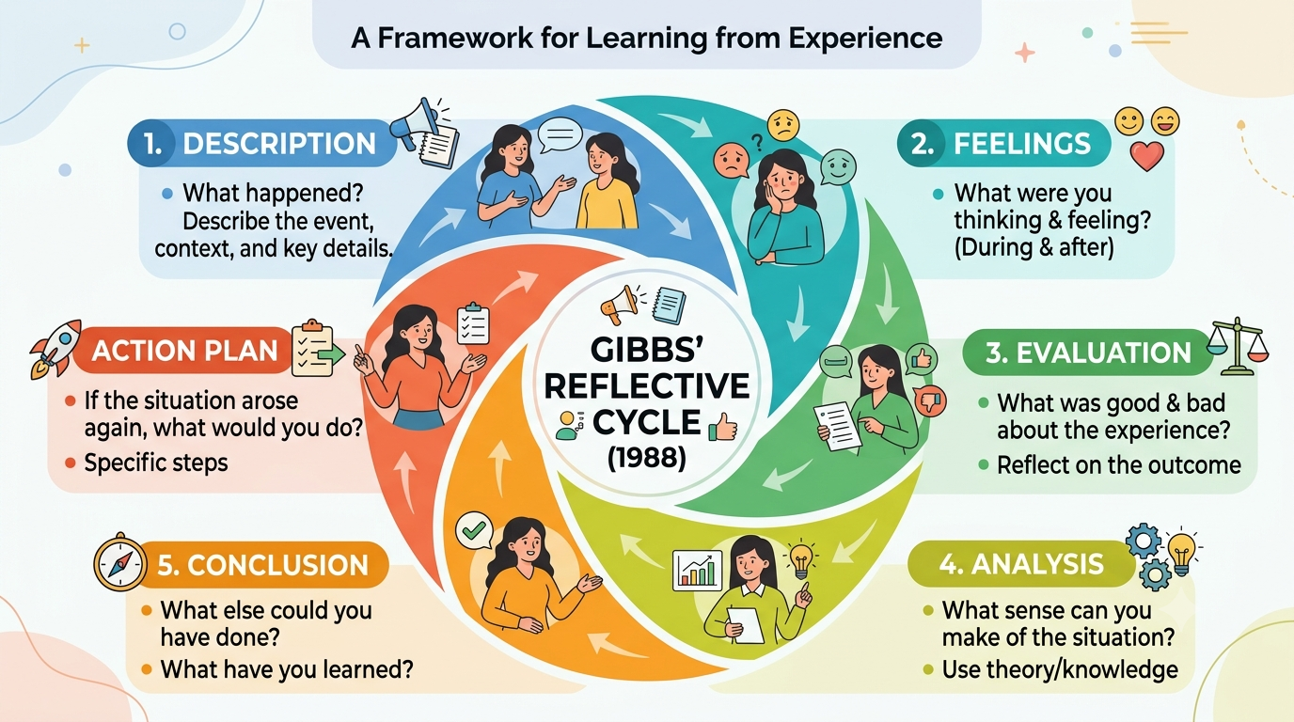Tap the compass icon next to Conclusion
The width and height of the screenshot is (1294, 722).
click(120, 562)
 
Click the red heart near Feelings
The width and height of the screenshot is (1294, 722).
click(1146, 155)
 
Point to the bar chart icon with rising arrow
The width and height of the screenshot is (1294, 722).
click(697, 570)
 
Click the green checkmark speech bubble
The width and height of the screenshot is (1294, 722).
click(474, 530)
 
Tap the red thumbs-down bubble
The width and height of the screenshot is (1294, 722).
click(929, 400)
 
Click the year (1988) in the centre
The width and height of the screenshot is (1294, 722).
click(646, 458)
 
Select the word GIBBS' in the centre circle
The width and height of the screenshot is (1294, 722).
click(646, 350)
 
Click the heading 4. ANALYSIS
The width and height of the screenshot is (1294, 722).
click(1020, 564)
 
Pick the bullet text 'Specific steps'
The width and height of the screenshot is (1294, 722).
click(156, 463)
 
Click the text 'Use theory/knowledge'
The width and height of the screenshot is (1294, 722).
click(1060, 670)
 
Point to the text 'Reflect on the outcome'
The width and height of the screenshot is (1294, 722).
click(1119, 465)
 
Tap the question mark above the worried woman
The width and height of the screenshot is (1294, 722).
click(757, 142)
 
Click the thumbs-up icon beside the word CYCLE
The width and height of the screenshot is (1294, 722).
click(722, 427)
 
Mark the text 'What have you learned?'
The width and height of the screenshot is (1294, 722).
click(287, 669)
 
